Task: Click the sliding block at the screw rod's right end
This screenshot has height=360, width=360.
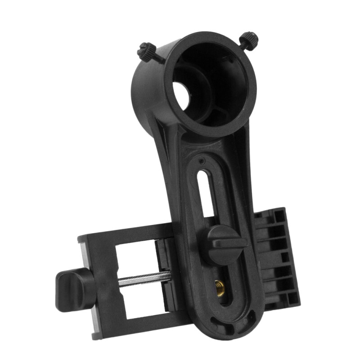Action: point(164,274)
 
